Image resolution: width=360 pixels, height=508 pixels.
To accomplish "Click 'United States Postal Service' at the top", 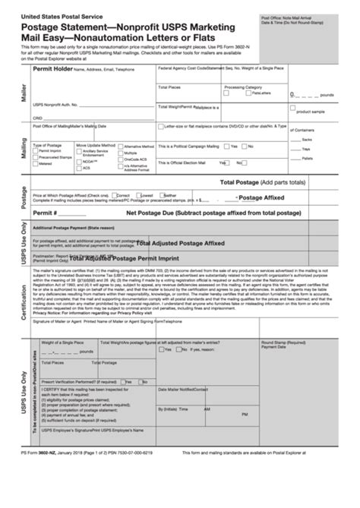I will [52, 15].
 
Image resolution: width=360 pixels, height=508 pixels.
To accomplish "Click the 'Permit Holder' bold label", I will [52, 68].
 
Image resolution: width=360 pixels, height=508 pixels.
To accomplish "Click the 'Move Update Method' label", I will [95, 144].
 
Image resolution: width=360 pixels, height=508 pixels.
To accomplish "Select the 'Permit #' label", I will [45, 213].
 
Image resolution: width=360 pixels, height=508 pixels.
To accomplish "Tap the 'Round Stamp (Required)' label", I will [282, 342].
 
